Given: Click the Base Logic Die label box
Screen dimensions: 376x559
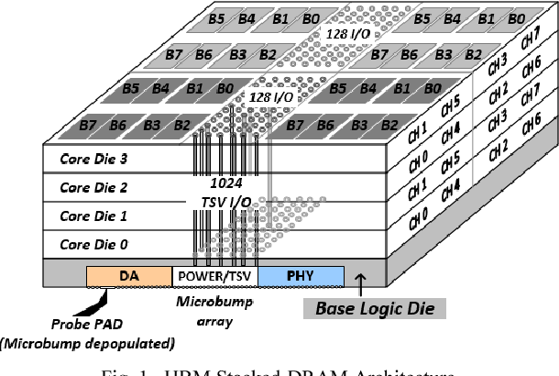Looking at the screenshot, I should [x=375, y=308].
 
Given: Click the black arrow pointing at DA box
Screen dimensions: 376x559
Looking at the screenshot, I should [x=95, y=298].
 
